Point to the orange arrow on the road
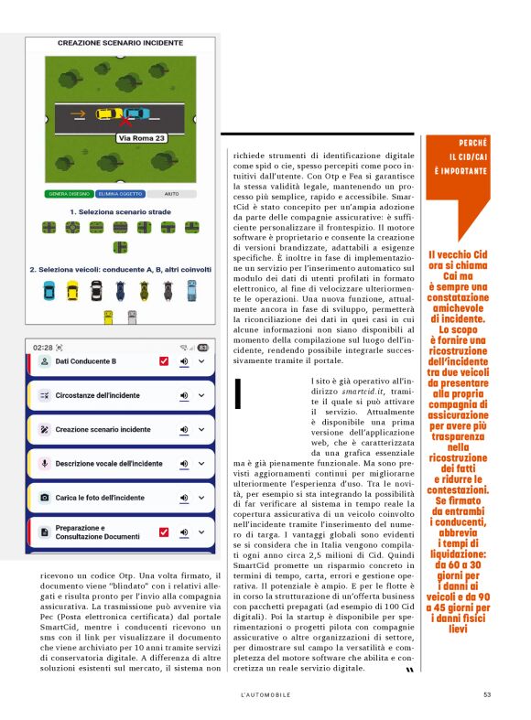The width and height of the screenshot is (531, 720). click(x=80, y=115)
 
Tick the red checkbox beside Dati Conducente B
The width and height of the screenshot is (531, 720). click(x=164, y=361)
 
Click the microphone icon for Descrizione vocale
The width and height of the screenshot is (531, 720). click(x=44, y=463)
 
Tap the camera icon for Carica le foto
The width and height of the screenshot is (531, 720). click(x=44, y=497)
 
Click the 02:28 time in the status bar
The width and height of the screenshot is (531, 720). click(x=42, y=348)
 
